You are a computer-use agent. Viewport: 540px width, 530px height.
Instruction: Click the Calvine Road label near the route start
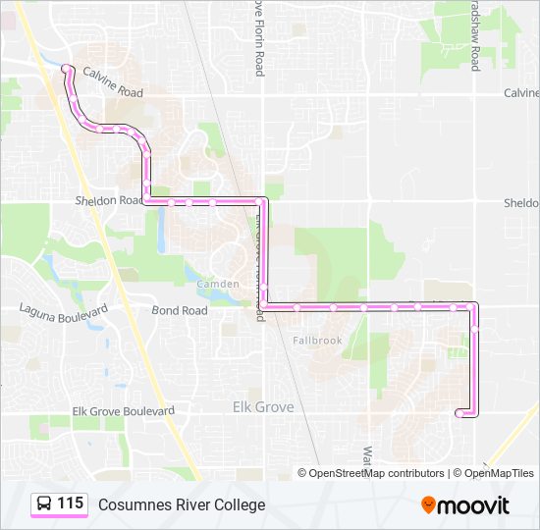[x=113, y=83]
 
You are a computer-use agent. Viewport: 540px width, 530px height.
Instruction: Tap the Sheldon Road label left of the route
[x=109, y=200]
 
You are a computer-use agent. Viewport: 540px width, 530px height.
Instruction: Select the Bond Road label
[x=180, y=310]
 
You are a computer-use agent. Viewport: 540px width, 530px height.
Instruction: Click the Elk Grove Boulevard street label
[x=124, y=411]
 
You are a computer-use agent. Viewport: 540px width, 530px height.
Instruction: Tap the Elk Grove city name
[x=262, y=406]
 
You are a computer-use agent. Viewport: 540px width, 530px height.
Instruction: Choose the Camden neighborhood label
[x=218, y=284]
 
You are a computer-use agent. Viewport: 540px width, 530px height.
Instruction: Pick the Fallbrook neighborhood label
[x=317, y=341]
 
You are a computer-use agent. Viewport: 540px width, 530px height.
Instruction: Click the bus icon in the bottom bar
[x=45, y=504]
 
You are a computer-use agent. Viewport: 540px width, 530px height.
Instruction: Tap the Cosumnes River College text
[x=182, y=504]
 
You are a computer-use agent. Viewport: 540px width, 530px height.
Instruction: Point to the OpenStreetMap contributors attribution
[x=371, y=473]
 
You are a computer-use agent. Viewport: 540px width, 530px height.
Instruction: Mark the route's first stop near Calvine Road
[x=67, y=68]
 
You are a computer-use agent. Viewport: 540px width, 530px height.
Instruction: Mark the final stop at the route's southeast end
[x=459, y=414]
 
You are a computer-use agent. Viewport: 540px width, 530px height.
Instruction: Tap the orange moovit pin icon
[x=428, y=505]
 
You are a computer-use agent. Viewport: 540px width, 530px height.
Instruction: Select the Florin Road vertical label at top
[x=259, y=39]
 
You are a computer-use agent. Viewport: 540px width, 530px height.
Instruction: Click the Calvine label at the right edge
[x=521, y=93]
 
